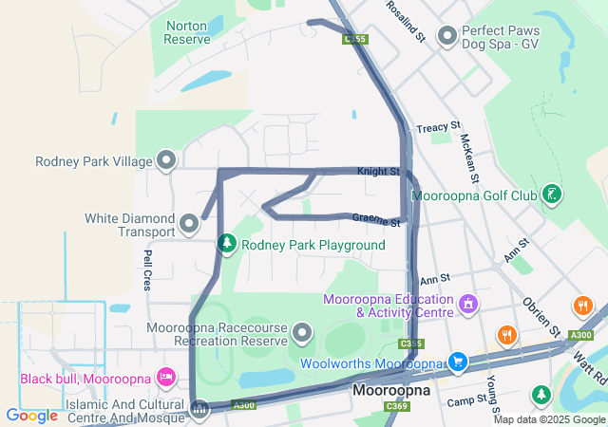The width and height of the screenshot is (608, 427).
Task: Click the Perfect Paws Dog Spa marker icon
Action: (x=447, y=35)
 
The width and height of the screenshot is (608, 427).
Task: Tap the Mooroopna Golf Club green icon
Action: (x=552, y=195)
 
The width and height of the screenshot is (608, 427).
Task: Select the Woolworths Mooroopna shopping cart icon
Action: (x=458, y=362)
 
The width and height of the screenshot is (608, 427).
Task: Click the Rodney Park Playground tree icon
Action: (x=226, y=245)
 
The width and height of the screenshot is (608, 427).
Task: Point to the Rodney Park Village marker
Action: (x=166, y=159)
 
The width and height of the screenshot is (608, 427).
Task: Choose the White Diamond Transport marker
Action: (x=188, y=224)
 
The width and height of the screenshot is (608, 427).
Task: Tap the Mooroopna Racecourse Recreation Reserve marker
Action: (x=302, y=332)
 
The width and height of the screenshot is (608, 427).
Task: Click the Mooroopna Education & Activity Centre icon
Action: (x=466, y=305)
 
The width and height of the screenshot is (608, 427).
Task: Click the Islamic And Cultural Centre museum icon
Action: (x=199, y=410)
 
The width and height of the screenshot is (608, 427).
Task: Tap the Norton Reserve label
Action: (x=187, y=32)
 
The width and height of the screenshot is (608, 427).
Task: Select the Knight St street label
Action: (x=377, y=172)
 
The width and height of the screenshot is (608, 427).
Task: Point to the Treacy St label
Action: (x=438, y=126)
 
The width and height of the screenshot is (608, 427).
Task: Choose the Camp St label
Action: (x=466, y=401)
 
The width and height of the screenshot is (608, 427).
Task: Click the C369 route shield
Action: (x=397, y=406)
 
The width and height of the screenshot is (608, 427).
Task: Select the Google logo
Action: (x=31, y=415)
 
